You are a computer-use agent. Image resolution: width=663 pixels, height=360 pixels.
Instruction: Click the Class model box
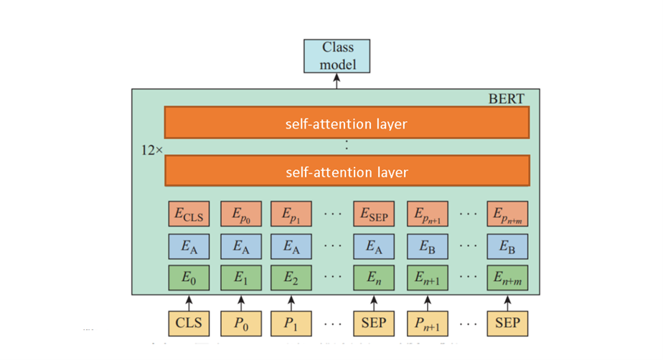pos(337,56)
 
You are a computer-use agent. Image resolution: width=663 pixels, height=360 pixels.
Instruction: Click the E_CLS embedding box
pos(189,214)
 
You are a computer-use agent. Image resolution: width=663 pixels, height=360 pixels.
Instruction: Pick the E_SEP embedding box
pos(373,214)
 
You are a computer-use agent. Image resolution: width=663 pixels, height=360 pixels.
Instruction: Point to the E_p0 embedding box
pos(240,214)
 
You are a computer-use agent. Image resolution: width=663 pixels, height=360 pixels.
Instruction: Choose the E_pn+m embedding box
pos(507,214)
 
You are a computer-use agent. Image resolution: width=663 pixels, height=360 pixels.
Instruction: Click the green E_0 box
pos(189,278)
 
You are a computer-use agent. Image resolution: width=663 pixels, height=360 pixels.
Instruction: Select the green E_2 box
pos(291,278)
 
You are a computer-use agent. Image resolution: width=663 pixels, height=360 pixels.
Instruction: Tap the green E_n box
pos(373,278)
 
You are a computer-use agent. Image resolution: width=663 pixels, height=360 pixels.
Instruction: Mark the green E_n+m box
pos(507,278)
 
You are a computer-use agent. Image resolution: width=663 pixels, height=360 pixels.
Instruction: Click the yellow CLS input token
pos(189,323)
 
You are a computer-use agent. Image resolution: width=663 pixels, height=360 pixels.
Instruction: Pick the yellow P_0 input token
pos(240,323)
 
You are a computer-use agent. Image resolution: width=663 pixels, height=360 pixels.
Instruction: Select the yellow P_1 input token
pos(291,323)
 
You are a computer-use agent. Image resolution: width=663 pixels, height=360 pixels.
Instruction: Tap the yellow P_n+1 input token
pos(428,323)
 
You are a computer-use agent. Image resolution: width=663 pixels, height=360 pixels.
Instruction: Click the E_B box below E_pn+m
pos(507,246)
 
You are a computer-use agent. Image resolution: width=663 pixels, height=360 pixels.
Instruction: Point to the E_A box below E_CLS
pos(189,246)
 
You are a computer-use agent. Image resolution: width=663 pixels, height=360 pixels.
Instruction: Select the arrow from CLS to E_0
pos(189,301)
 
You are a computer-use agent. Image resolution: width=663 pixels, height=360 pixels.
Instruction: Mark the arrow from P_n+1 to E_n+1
pos(428,301)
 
